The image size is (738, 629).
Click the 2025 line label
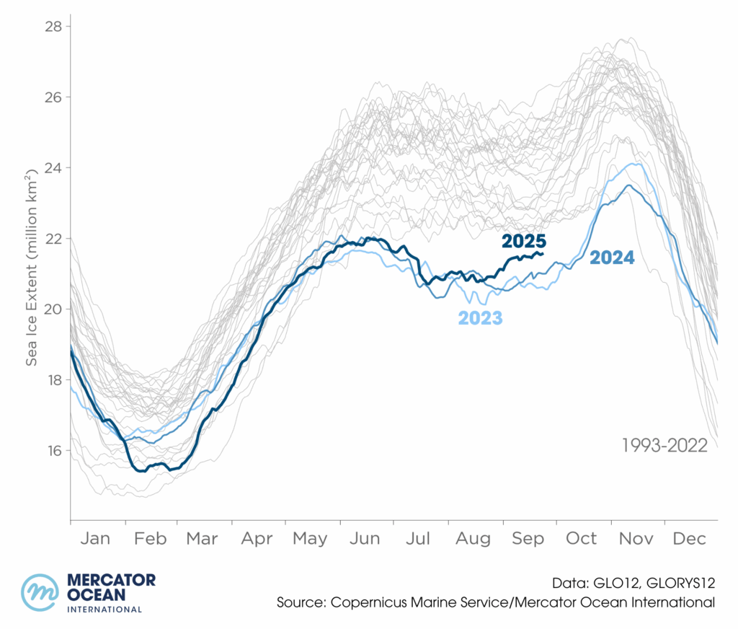tap(524, 242)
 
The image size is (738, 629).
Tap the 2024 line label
tap(612, 258)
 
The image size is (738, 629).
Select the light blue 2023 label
tap(480, 317)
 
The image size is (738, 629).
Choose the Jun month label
tap(366, 539)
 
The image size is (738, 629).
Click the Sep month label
tap(528, 539)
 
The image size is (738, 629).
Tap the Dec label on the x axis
tap(690, 539)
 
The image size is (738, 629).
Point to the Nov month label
tap(636, 539)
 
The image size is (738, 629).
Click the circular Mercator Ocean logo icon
tap(40, 592)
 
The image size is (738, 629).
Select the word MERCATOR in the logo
tap(110, 581)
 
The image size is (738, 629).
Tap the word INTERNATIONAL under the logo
tap(104, 610)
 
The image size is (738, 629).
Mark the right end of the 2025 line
tap(543, 253)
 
